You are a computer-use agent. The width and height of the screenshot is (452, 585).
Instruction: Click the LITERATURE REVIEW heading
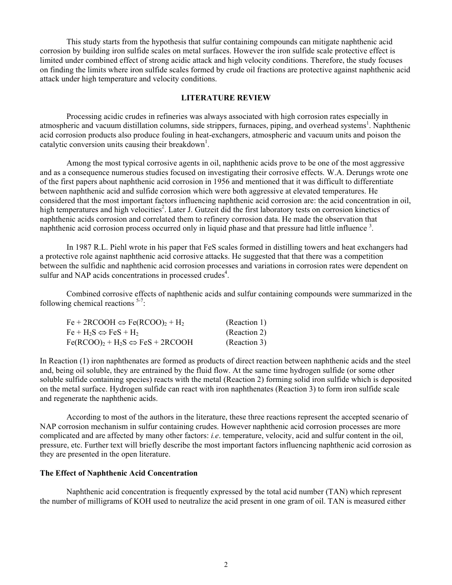(x=226, y=98)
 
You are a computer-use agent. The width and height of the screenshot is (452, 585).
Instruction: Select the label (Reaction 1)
(x=246, y=322)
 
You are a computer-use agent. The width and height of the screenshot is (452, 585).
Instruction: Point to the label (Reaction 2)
(x=246, y=332)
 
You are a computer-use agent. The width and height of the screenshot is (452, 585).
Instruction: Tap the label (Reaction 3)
(x=246, y=342)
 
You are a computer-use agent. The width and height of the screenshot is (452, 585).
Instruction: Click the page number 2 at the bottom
(x=226, y=565)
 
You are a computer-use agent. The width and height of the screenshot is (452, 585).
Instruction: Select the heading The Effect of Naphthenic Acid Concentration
(x=118, y=473)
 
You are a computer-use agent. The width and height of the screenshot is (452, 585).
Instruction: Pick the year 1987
(x=83, y=247)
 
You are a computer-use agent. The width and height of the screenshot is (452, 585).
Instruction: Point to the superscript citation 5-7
(x=139, y=301)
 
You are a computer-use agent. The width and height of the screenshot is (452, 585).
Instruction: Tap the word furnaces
(x=257, y=126)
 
